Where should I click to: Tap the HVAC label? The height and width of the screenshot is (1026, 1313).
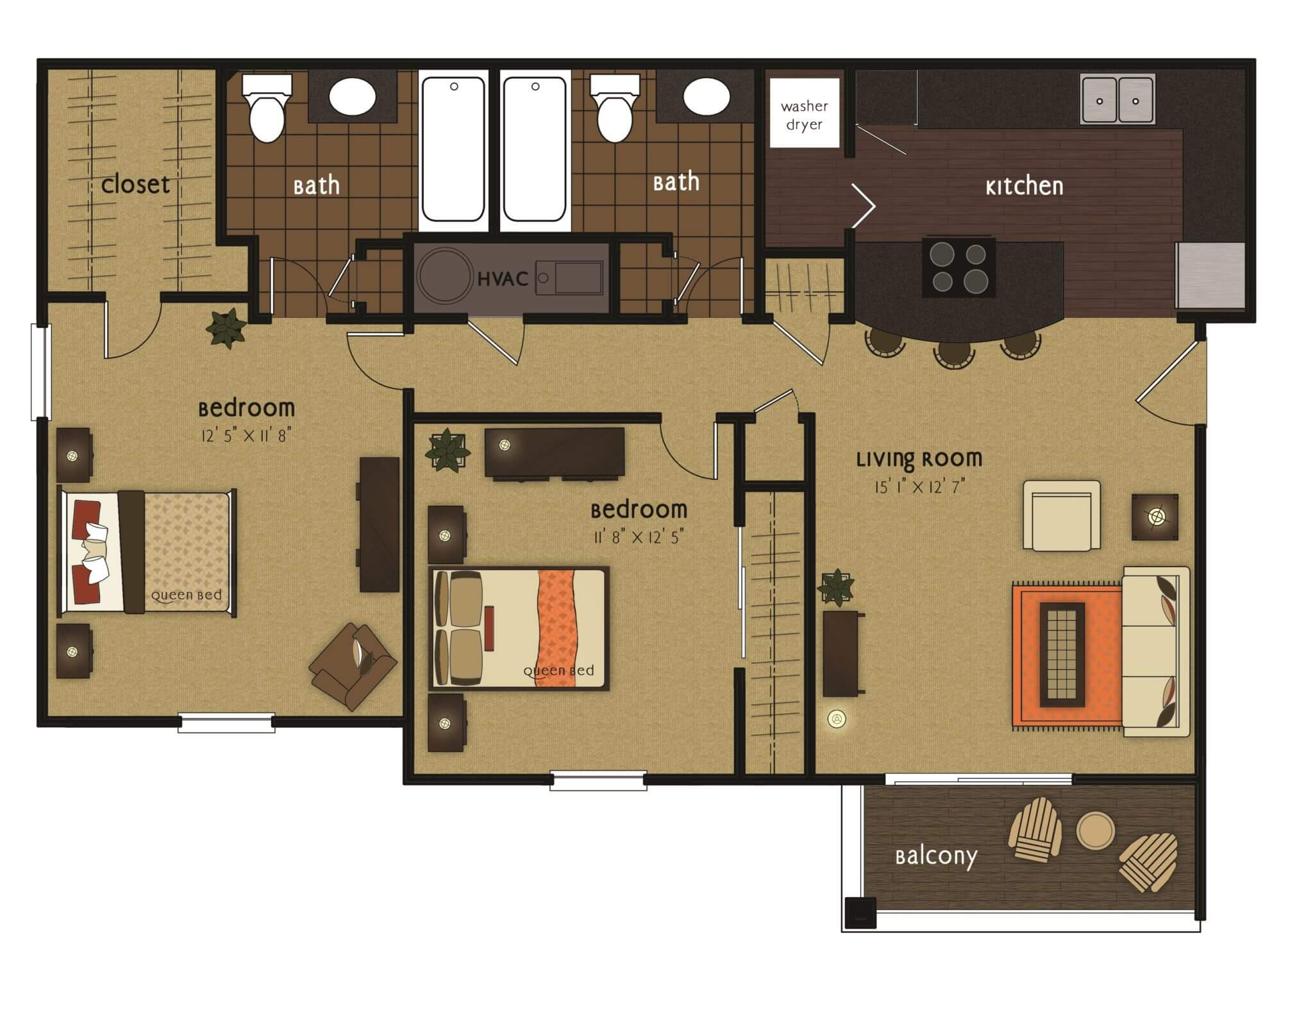pyautogui.click(x=503, y=279)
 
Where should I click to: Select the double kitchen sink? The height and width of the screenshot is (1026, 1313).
pyautogui.click(x=1117, y=99)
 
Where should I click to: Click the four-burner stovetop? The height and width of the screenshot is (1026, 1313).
pyautogui.click(x=958, y=267)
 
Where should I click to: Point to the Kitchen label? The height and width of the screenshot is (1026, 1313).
pyautogui.click(x=1024, y=186)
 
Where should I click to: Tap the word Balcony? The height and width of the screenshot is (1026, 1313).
pyautogui.click(x=935, y=857)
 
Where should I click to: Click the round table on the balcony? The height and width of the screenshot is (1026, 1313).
pyautogui.click(x=1096, y=830)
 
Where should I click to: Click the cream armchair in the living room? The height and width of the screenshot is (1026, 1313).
pyautogui.click(x=1061, y=515)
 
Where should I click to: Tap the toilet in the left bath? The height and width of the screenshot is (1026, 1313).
pyautogui.click(x=267, y=109)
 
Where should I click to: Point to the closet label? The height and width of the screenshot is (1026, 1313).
pyautogui.click(x=135, y=185)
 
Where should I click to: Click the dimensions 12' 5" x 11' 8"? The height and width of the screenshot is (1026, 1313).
pyautogui.click(x=247, y=436)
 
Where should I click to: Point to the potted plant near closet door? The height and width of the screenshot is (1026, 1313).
pyautogui.click(x=226, y=328)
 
